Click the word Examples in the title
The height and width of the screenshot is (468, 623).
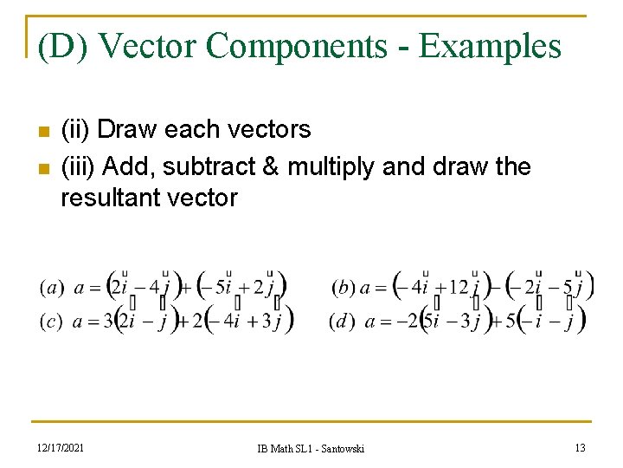[490, 46]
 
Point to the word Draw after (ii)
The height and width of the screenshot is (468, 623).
[128, 130]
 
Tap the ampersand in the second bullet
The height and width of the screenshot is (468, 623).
[271, 165]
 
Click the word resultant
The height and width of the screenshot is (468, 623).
[110, 198]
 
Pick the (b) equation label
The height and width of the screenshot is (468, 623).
[344, 287]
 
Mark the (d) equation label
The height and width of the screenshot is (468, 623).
[342, 322]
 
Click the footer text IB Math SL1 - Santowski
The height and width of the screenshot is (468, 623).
[311, 448]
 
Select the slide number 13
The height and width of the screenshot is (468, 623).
[579, 447]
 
